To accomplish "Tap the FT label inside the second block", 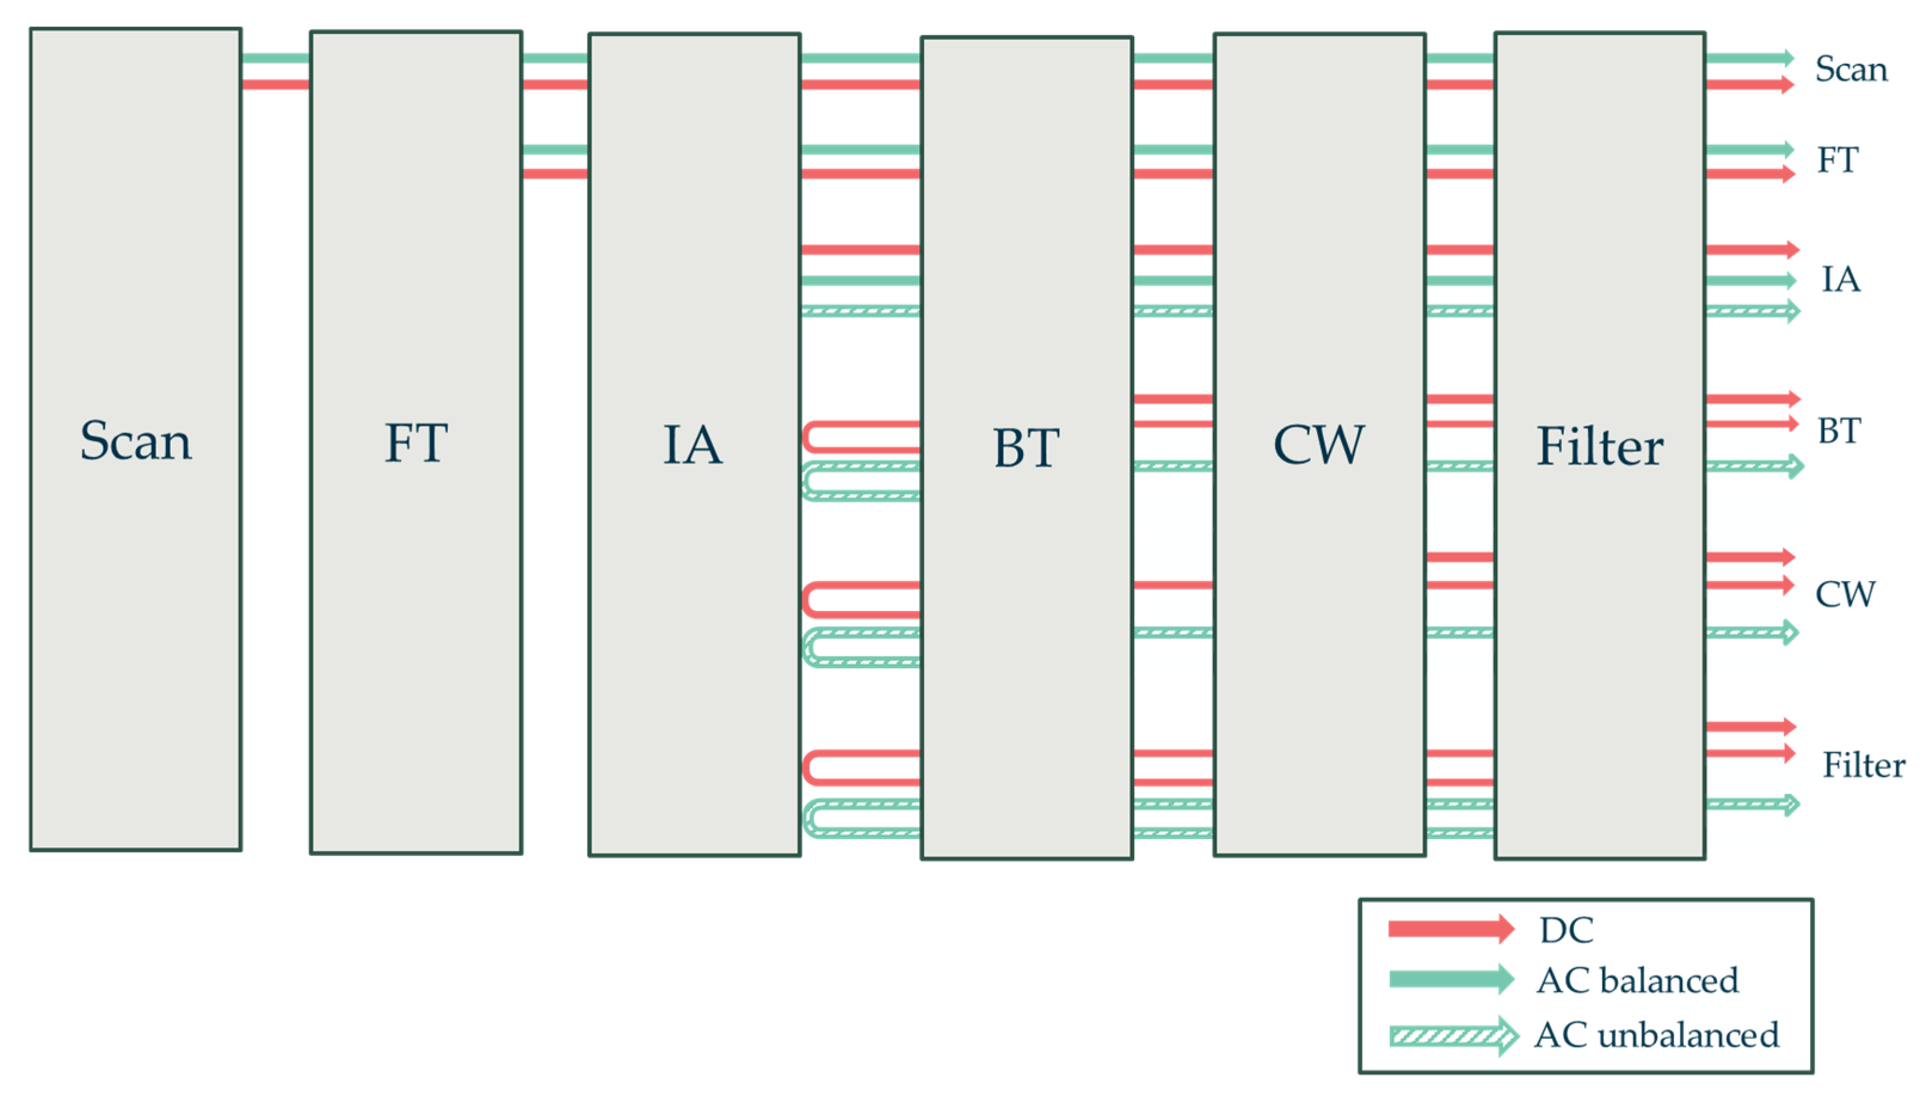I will [x=416, y=443].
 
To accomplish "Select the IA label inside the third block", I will [x=693, y=445].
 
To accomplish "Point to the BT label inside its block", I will [x=1026, y=448].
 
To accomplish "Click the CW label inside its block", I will [x=1318, y=445].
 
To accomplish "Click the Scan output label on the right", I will [x=1851, y=69].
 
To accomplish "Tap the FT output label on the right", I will [x=1838, y=160].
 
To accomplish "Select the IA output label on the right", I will [x=1841, y=280].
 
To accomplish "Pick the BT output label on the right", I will [x=1839, y=431].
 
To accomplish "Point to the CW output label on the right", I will [x=1845, y=594].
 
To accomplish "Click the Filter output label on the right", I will [x=1864, y=766].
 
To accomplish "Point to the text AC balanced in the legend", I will [x=1637, y=980].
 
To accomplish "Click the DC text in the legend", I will [x=1566, y=930].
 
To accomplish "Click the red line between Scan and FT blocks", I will [x=275, y=85].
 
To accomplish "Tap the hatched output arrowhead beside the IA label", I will [x=1792, y=311].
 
